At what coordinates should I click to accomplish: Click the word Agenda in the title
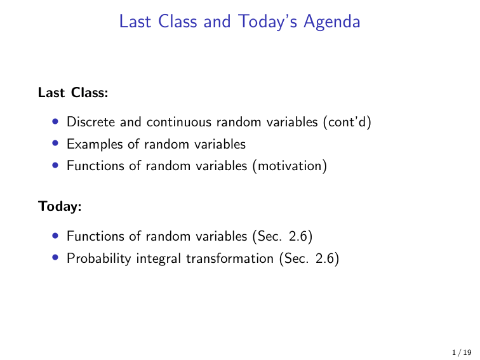point(332,22)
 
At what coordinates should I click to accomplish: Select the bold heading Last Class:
point(73,93)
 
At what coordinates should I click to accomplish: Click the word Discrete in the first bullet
point(88,121)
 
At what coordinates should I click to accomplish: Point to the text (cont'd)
point(347,121)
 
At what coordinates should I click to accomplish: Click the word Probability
point(96,258)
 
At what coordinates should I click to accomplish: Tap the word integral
point(151,258)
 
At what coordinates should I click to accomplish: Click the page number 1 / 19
point(461,350)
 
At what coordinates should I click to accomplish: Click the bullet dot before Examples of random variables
point(57,144)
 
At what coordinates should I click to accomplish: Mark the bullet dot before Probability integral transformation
point(57,258)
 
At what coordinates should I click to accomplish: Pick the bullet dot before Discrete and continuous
point(57,121)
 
